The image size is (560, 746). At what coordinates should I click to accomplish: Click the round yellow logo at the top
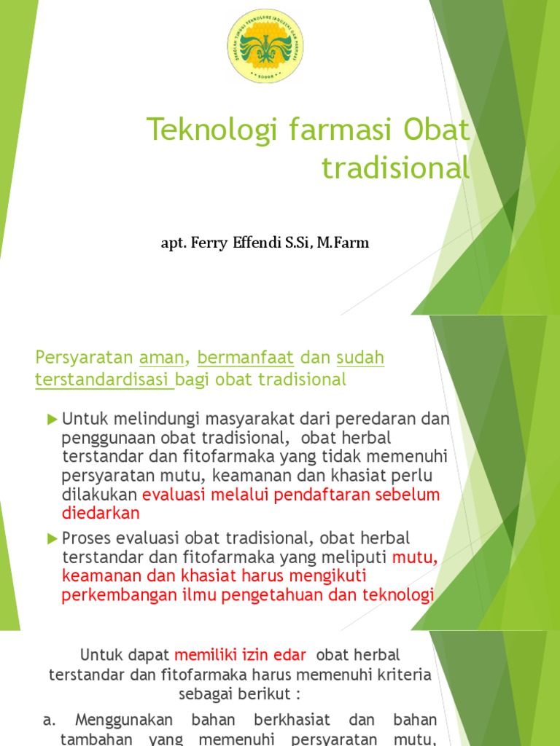265,46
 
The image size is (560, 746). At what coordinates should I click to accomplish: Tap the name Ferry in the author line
207,243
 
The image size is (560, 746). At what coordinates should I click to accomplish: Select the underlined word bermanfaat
245,358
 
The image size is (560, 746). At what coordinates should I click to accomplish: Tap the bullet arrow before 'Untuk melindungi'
52,418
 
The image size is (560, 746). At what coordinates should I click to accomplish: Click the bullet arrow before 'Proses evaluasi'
52,538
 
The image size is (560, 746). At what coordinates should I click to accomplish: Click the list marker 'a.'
49,720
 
